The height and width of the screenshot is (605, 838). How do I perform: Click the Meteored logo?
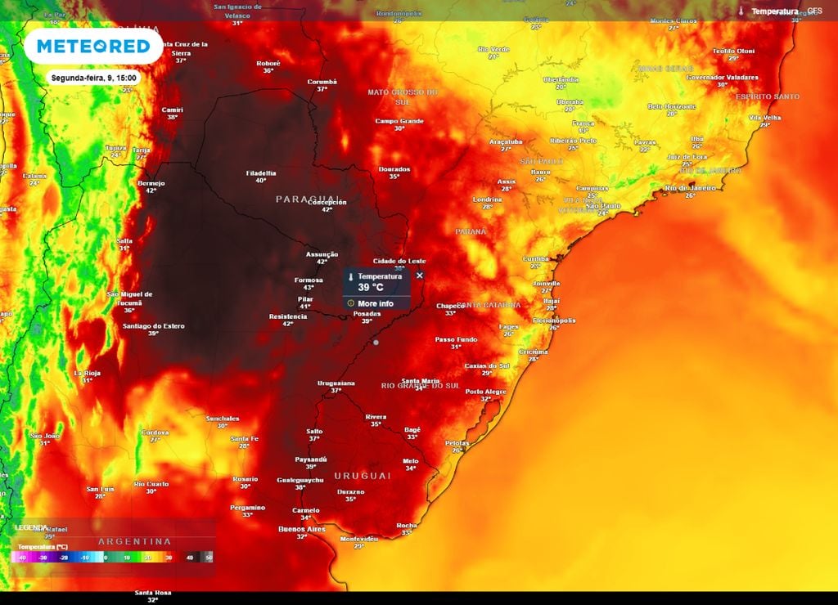click(92, 47)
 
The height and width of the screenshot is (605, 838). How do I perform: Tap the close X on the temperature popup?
click(420, 276)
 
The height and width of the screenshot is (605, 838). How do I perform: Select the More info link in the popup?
click(375, 303)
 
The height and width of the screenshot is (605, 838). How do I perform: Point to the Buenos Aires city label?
click(303, 529)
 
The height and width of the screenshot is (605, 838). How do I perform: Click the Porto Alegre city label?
click(485, 392)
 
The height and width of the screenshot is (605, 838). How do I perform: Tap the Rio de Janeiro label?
click(690, 187)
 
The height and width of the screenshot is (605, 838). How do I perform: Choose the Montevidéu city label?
click(358, 539)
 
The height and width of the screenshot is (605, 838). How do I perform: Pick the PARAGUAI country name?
click(308, 199)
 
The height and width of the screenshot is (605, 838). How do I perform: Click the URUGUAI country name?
click(362, 475)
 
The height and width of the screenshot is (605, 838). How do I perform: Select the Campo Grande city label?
click(399, 121)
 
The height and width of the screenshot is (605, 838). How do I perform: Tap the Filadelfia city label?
click(261, 173)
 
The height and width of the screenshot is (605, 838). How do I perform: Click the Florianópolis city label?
click(554, 320)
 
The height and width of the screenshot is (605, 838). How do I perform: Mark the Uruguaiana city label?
click(336, 383)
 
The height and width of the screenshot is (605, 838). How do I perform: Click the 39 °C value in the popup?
click(371, 288)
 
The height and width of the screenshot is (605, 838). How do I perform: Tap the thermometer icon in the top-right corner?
click(741, 11)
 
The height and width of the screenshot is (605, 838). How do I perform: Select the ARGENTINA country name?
click(135, 541)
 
